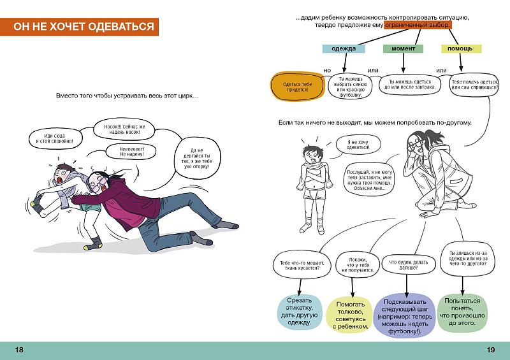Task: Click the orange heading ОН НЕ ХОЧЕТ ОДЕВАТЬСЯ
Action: click(x=79, y=27)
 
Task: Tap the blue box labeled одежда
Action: click(x=344, y=49)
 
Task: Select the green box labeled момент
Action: click(x=403, y=49)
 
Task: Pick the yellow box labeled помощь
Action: click(x=461, y=49)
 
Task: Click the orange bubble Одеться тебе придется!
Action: click(x=298, y=87)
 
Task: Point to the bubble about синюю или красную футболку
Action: click(x=350, y=86)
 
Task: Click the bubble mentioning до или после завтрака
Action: click(x=410, y=85)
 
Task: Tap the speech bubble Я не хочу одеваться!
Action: click(x=358, y=145)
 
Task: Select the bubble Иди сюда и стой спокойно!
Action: click(x=55, y=138)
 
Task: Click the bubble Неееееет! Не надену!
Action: click(x=131, y=152)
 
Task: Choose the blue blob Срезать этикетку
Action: click(x=299, y=312)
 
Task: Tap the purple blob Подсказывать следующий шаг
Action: click(x=405, y=316)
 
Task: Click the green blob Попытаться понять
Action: click(x=462, y=312)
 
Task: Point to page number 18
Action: click(x=19, y=350)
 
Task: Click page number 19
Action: click(x=491, y=350)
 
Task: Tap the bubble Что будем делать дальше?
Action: click(x=408, y=265)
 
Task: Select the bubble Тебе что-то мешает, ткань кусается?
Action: click(x=302, y=265)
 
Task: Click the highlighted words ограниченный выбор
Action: click(x=418, y=25)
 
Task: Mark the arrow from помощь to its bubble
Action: click(x=460, y=62)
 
